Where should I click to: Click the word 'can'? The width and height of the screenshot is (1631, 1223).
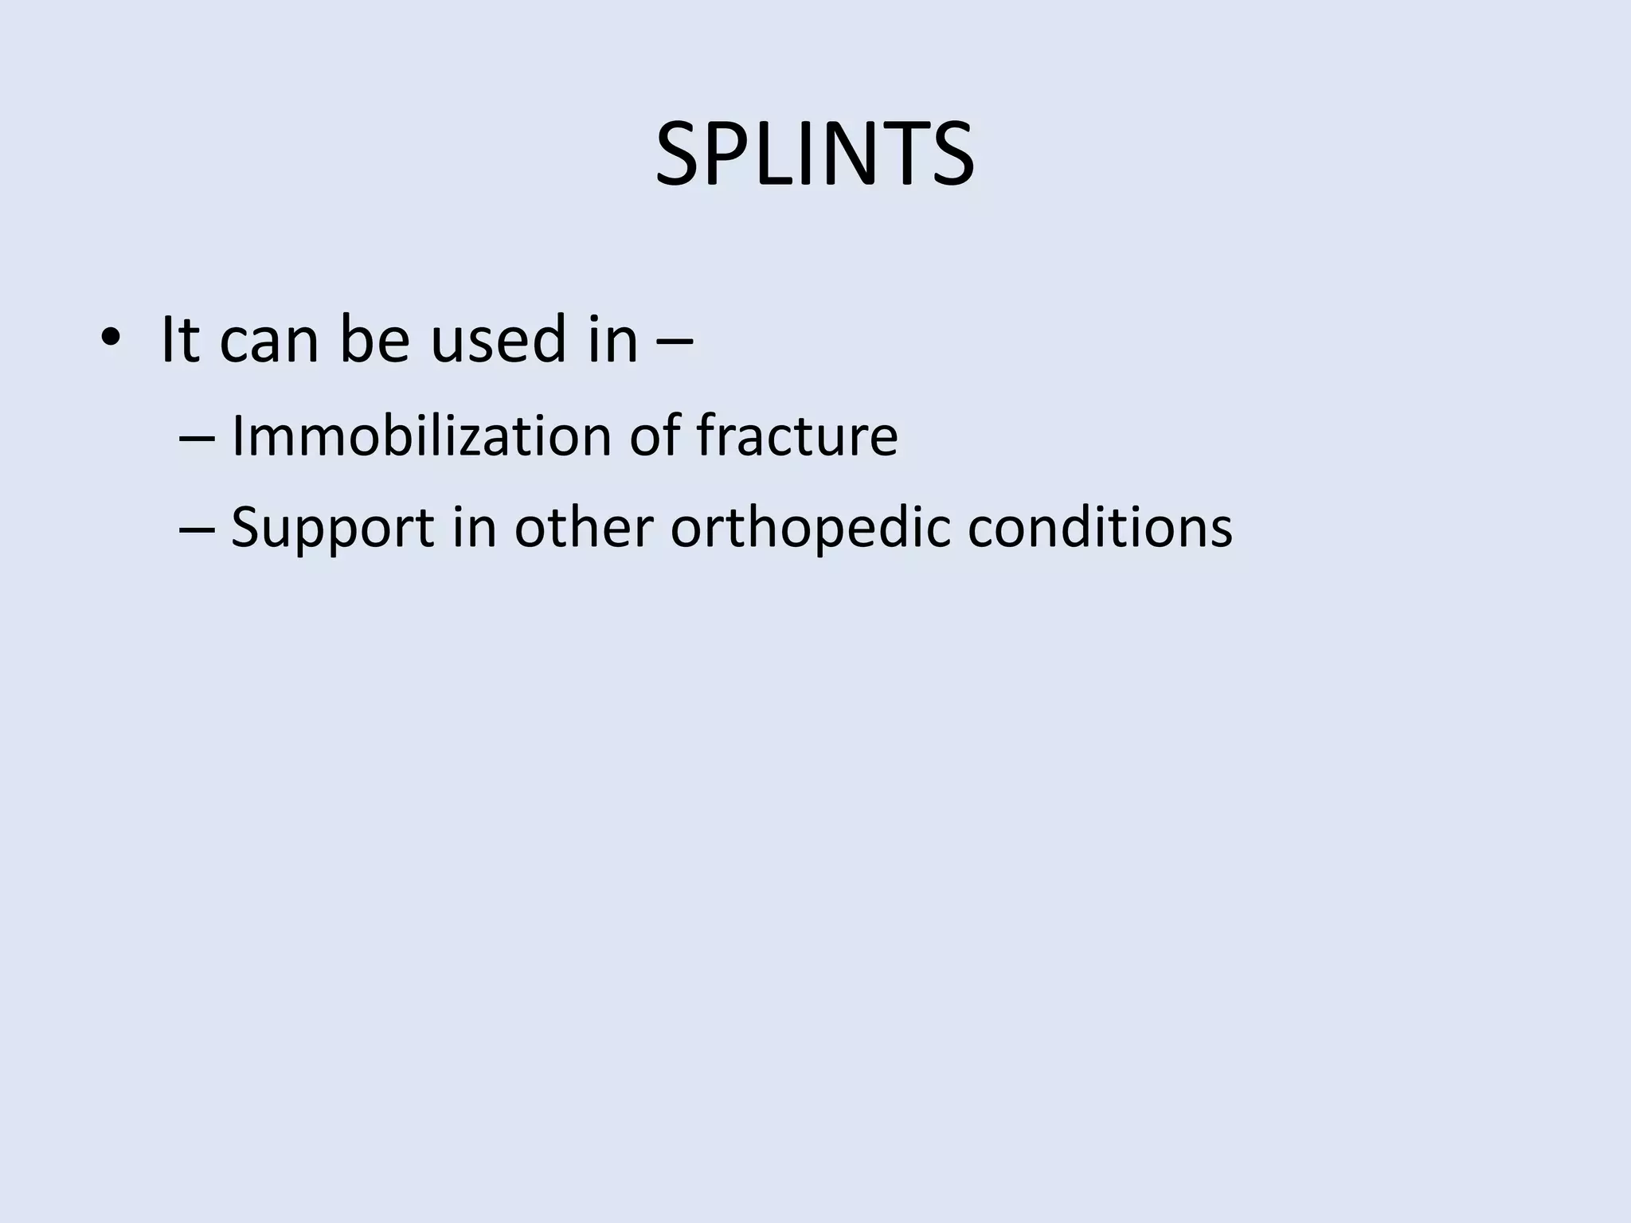268,342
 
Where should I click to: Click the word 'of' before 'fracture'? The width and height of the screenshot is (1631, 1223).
655,436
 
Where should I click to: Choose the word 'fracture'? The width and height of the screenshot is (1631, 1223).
797,436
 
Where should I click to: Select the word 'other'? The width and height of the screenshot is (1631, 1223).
584,527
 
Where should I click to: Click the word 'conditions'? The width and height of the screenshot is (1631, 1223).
1100,527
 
